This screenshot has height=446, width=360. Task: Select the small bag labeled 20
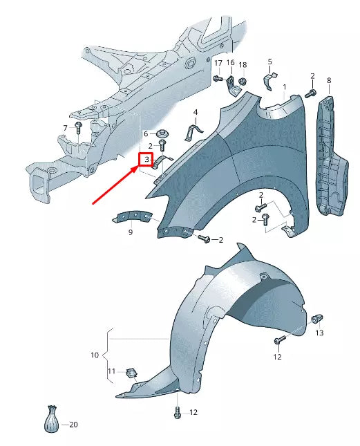coord(51,420)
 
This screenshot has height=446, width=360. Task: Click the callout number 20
coord(74,425)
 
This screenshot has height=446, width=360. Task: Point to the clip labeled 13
coord(316,319)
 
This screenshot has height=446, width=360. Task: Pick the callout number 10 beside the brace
coord(95,355)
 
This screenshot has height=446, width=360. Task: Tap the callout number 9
coord(130,232)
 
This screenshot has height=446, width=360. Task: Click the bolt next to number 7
coord(79,129)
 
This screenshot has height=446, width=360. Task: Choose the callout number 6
coord(146,133)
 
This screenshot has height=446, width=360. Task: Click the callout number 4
coord(196,112)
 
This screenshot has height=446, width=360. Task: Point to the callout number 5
coord(269,62)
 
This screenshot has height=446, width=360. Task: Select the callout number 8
coord(329,81)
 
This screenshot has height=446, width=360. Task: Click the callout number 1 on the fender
coord(284,88)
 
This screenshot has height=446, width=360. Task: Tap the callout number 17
coord(218,64)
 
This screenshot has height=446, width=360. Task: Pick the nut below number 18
coord(243,82)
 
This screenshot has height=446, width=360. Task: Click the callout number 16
coord(231,64)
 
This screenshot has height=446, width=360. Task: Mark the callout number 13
coord(319,333)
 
